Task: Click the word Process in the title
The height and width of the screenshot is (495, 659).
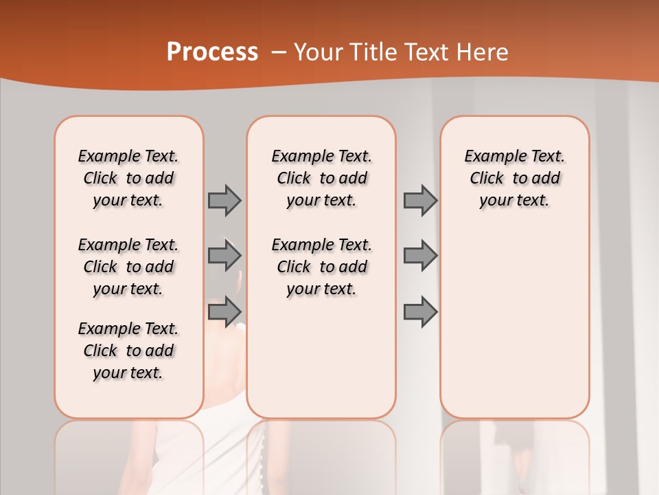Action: point(212,52)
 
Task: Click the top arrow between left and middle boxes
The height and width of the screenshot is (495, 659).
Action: point(224,200)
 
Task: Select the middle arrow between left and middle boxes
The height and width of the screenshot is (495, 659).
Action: point(224,256)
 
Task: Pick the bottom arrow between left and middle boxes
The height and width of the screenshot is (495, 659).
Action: point(224,311)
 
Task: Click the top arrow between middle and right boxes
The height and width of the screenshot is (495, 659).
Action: point(420,200)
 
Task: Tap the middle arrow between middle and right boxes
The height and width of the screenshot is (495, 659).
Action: point(420,256)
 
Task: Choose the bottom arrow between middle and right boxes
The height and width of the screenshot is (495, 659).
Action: point(420,311)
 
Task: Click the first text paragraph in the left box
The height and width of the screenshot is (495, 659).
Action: point(128,178)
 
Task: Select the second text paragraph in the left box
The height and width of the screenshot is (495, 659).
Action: point(128,267)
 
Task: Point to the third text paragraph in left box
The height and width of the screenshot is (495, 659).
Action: point(128,351)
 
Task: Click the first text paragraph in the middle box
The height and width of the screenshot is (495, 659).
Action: point(321,178)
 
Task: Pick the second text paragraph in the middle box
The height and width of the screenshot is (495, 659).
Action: point(321,267)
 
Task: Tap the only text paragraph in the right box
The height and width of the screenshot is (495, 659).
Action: point(514,178)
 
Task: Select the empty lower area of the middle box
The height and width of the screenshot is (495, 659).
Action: point(321,357)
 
